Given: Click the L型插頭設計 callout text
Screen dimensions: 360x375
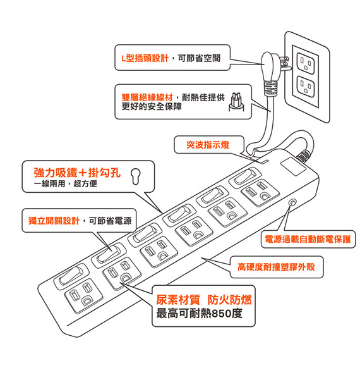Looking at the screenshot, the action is pyautogui.click(x=145, y=58).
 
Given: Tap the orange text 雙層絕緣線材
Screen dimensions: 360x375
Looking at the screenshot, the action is pyautogui.click(x=147, y=97).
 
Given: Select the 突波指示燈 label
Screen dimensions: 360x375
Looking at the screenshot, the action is pyautogui.click(x=208, y=145).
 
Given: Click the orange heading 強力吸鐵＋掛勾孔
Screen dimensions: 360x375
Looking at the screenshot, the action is pyautogui.click(x=77, y=173).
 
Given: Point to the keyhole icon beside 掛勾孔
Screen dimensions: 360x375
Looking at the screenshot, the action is pyautogui.click(x=136, y=176).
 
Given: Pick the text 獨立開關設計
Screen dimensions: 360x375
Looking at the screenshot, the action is pyautogui.click(x=54, y=221).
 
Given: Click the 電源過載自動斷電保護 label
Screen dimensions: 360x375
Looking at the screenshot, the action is pyautogui.click(x=308, y=239).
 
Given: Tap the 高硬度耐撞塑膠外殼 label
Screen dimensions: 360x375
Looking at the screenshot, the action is pyautogui.click(x=276, y=267).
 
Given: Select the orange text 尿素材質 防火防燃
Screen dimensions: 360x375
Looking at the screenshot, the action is pyautogui.click(x=204, y=300).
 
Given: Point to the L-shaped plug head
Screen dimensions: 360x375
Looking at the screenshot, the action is pyautogui.click(x=270, y=68).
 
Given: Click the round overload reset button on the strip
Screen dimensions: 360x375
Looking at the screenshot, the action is pyautogui.click(x=292, y=202).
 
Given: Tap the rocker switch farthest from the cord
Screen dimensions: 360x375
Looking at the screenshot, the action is pyautogui.click(x=71, y=276).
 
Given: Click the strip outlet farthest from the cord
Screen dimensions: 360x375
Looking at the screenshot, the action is pyautogui.click(x=83, y=296).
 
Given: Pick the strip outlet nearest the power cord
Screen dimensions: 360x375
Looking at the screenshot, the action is pyautogui.click(x=260, y=192).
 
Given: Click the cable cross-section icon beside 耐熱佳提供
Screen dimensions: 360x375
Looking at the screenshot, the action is pyautogui.click(x=236, y=102).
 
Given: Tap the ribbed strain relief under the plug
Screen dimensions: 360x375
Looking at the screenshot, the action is pyautogui.click(x=270, y=88).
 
